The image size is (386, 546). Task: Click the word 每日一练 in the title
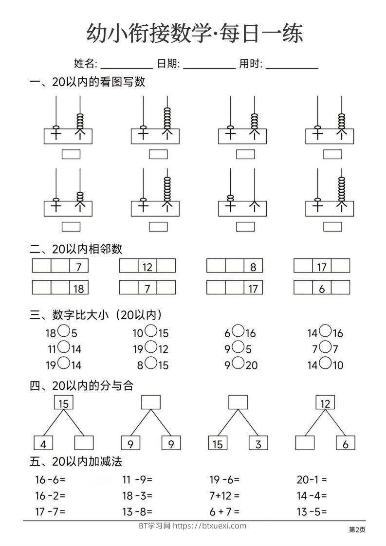(261, 34)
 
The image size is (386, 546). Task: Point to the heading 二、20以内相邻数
(76, 249)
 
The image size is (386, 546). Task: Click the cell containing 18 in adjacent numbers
(78, 288)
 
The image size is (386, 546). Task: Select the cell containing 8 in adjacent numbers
(253, 266)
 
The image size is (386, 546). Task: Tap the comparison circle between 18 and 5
(63, 332)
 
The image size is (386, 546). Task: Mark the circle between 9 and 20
(238, 363)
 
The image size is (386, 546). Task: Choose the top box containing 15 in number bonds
(63, 403)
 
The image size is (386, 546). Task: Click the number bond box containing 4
(43, 443)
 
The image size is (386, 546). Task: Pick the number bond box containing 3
(258, 443)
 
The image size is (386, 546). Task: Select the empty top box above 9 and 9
(151, 402)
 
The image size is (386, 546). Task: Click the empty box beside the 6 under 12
(305, 443)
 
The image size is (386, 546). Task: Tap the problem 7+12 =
(224, 495)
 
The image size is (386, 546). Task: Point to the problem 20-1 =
(312, 480)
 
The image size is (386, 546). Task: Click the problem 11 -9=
(137, 480)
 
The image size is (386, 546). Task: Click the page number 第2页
(357, 529)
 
